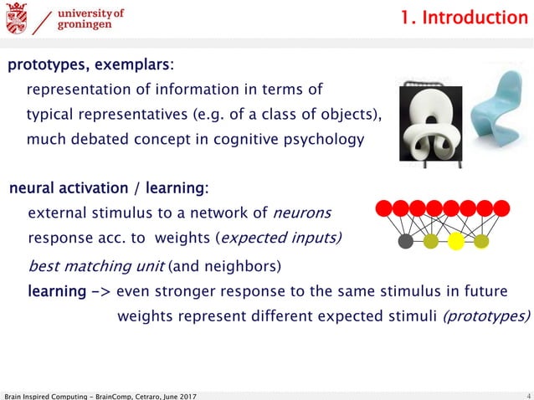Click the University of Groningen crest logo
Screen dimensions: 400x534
pyautogui.click(x=17, y=18)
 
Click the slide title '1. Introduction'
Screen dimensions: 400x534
pyautogui.click(x=464, y=18)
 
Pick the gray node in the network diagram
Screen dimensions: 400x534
pyautogui.click(x=406, y=242)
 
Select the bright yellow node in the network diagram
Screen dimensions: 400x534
pyautogui.click(x=456, y=242)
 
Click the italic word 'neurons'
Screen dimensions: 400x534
pyautogui.click(x=303, y=213)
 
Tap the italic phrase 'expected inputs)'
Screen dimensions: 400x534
pyautogui.click(x=280, y=238)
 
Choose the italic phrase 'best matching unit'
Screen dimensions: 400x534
pyautogui.click(x=96, y=267)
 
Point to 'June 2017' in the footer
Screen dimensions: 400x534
pyautogui.click(x=181, y=395)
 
